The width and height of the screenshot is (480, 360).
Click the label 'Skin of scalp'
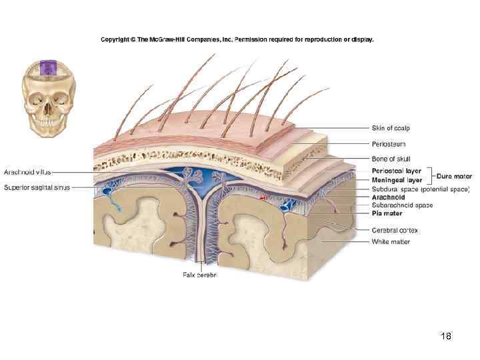coord(391,128)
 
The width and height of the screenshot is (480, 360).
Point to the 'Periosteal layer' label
coord(397,171)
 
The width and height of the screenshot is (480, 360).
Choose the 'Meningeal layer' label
coord(397,179)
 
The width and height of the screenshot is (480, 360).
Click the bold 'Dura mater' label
coord(454,176)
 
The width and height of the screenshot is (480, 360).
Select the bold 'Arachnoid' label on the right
coord(389,197)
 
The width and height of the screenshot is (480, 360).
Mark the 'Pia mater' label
coord(387,213)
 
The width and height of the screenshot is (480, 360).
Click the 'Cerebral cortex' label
coord(395,230)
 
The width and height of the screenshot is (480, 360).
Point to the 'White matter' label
coord(391,241)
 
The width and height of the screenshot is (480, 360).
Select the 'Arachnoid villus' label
coord(27,173)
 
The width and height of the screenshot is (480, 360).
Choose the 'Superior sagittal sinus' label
coord(37,187)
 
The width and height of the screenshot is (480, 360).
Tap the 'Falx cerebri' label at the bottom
coord(200,275)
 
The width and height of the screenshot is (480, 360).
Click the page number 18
coord(446,337)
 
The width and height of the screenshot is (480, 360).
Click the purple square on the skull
coord(47,68)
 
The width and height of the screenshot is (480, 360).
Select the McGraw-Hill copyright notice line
coord(237,39)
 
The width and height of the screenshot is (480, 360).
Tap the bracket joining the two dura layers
coord(430,175)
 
